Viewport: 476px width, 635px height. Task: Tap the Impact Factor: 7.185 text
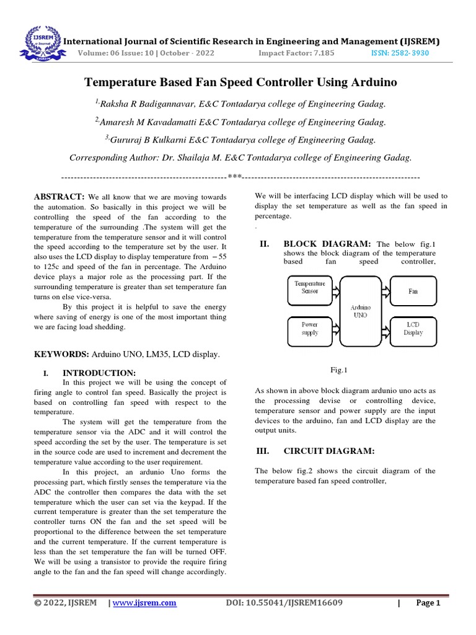(296, 53)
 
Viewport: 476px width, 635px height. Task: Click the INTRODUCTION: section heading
(99, 373)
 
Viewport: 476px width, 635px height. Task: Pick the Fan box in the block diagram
(413, 290)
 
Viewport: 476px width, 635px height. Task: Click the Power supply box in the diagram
(309, 329)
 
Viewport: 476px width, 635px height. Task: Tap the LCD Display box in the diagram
(413, 329)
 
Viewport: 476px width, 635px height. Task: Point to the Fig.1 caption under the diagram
(338, 370)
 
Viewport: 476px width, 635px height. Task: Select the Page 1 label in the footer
(428, 603)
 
